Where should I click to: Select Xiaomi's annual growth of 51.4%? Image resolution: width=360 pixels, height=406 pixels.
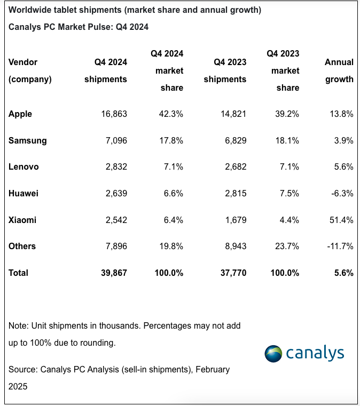340,220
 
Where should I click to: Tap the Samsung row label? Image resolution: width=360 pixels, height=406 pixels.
28,140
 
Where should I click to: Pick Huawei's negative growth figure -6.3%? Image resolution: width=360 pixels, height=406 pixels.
341,193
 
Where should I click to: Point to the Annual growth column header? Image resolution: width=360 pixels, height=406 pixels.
339,70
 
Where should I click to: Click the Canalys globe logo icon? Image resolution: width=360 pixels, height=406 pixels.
275,353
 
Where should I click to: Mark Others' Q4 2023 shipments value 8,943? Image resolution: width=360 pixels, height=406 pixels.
232,246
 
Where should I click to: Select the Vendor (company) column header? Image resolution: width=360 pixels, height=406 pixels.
30,70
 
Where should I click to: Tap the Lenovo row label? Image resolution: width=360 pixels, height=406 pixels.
24,167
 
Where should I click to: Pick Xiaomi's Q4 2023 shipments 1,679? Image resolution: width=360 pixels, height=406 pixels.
232,220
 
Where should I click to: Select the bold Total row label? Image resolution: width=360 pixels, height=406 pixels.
19,273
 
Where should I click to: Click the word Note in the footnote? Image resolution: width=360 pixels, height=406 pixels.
18,325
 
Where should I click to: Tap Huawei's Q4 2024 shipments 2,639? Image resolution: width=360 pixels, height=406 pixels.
114,193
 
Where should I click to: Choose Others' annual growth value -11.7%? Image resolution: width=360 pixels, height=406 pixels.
339,246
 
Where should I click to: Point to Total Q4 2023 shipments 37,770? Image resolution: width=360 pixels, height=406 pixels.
230,273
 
